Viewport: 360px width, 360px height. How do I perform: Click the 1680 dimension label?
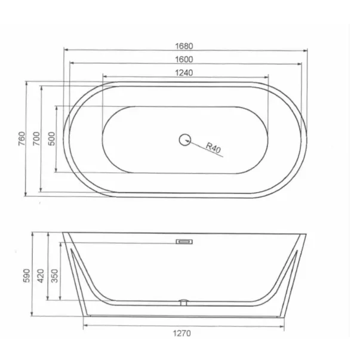184,46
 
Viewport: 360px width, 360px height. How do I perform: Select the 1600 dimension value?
184,60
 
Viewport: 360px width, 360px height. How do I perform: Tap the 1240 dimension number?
184,73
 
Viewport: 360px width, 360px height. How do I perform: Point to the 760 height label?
22,139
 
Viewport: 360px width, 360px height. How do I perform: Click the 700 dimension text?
36,139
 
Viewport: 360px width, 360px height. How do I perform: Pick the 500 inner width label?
52,139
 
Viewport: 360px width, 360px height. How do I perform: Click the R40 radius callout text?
213,147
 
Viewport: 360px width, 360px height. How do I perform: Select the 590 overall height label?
27,275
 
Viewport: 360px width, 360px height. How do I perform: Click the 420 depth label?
41,276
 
